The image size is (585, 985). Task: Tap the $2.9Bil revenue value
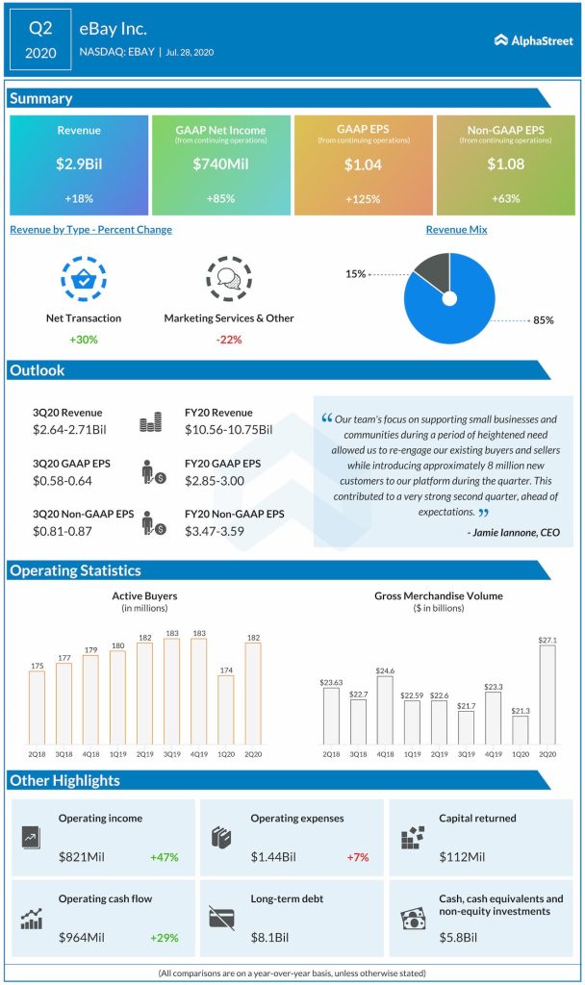[x=79, y=164]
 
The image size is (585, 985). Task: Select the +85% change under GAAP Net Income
[x=220, y=198]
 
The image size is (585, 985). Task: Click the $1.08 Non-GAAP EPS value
[x=505, y=164]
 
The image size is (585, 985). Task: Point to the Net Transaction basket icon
[x=83, y=280]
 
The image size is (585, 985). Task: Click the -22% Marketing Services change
[x=228, y=340]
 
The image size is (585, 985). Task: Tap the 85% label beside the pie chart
[x=544, y=320]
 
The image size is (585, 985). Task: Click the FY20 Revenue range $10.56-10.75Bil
[x=228, y=429]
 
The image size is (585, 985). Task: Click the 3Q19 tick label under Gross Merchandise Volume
[x=466, y=755]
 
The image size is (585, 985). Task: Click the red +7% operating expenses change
[x=361, y=856]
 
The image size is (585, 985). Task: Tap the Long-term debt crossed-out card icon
[x=222, y=920]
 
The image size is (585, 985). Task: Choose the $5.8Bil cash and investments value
[x=462, y=937]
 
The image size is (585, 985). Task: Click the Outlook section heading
[x=38, y=370]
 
